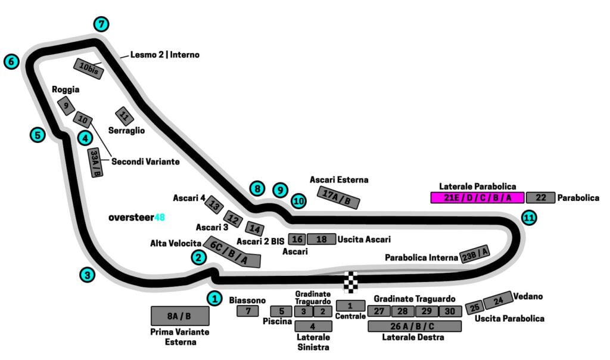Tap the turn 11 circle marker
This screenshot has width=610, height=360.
tap(528, 218)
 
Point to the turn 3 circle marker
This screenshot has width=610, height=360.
tap(88, 275)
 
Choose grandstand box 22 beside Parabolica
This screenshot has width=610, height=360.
tap(541, 198)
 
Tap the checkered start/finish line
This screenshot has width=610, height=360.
tap(352, 282)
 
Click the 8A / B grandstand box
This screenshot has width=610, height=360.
tap(180, 316)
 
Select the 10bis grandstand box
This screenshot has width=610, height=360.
tap(89, 69)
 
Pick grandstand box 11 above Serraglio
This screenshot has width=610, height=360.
tap(124, 116)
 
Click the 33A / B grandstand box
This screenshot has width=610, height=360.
tap(95, 163)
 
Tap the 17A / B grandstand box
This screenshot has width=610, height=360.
tap(340, 197)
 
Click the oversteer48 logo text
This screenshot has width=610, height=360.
tap(136, 218)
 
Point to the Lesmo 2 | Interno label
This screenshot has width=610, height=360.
tap(165, 55)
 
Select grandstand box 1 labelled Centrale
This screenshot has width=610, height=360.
tap(350, 306)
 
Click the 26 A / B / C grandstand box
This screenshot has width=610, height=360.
tap(415, 326)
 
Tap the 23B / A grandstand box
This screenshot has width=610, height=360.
tap(475, 254)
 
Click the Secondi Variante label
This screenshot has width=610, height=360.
tap(145, 161)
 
